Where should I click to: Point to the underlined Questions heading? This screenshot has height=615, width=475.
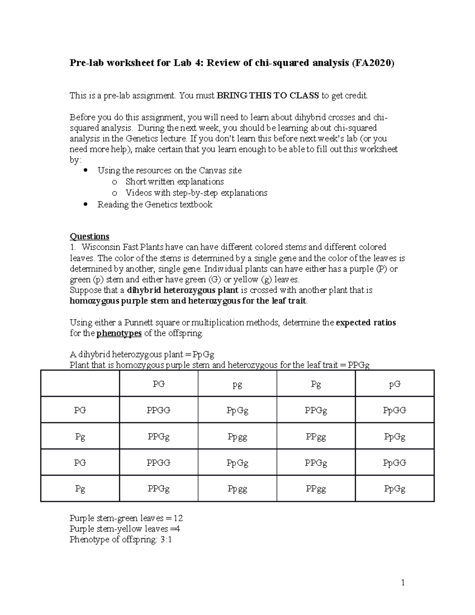(x=89, y=236)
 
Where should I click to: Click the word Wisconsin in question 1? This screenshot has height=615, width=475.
(x=101, y=247)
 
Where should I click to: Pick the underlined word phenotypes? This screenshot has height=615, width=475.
(x=119, y=333)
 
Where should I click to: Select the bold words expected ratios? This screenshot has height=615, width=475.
(x=366, y=323)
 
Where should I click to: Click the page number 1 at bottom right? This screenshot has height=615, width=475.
(x=403, y=583)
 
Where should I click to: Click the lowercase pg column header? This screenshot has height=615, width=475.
(x=237, y=384)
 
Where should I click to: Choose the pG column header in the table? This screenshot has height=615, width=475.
(x=395, y=384)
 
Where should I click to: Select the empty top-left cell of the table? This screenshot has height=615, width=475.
(x=80, y=383)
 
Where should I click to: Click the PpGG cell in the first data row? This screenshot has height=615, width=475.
(x=395, y=411)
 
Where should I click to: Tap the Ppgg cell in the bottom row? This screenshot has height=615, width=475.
(x=237, y=489)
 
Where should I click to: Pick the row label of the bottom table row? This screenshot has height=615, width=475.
(x=80, y=489)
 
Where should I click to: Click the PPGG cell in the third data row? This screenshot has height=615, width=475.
(x=158, y=463)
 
